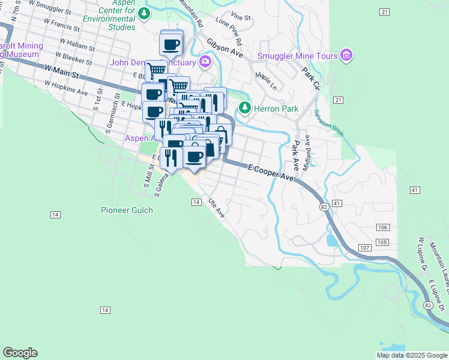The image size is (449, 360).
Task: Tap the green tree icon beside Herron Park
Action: point(244,108)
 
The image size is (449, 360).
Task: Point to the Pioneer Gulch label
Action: point(126,210)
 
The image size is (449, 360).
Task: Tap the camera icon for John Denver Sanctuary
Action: point(205,62)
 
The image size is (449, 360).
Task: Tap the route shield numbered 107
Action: point(365,248)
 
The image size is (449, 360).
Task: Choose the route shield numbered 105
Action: point(382,242)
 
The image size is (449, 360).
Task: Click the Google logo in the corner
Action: point(20,353)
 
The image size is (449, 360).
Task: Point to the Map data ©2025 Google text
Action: point(412,355)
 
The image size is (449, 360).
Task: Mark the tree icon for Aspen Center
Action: point(143,13)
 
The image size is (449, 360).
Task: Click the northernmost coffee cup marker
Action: point(171,44)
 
